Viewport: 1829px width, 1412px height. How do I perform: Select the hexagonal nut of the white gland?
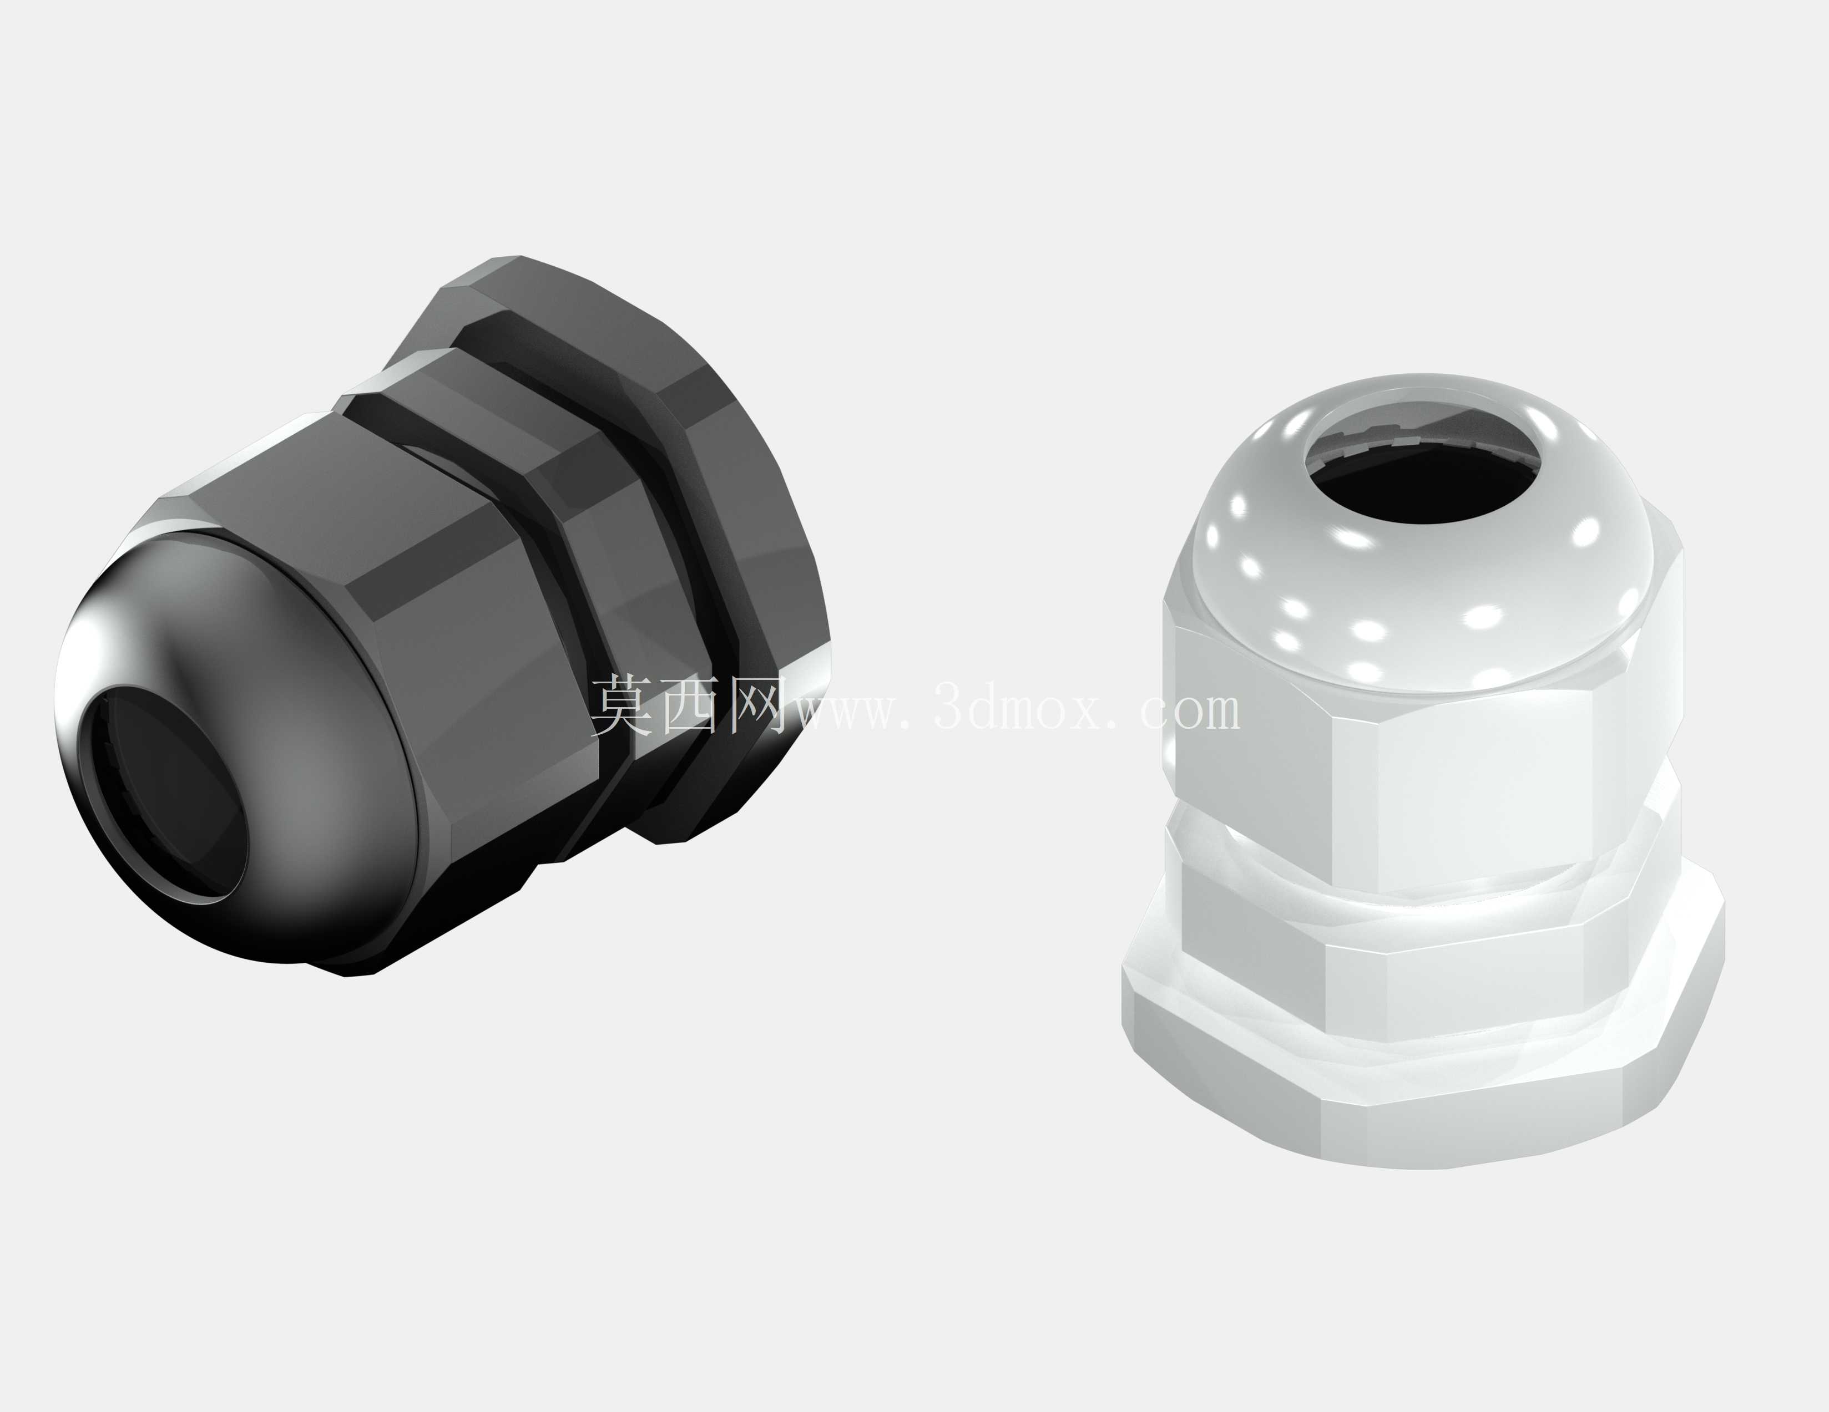pos(1424,753)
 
